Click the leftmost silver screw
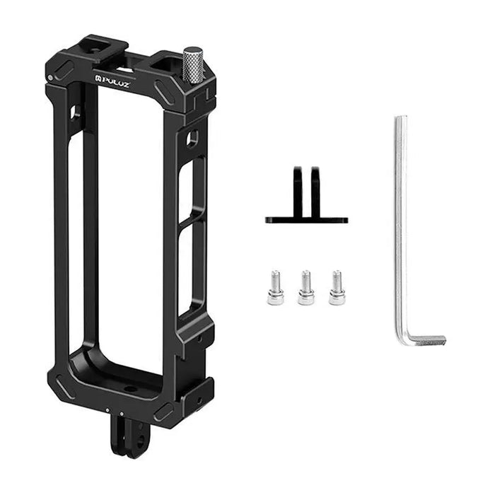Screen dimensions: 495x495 (275, 288)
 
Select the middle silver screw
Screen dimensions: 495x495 (305, 288)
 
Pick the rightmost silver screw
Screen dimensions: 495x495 (337, 288)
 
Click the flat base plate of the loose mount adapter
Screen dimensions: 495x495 (306, 220)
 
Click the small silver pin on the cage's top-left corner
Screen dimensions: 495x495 (49, 77)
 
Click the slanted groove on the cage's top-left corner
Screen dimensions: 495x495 (64, 69)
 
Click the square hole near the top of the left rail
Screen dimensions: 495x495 (75, 112)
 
